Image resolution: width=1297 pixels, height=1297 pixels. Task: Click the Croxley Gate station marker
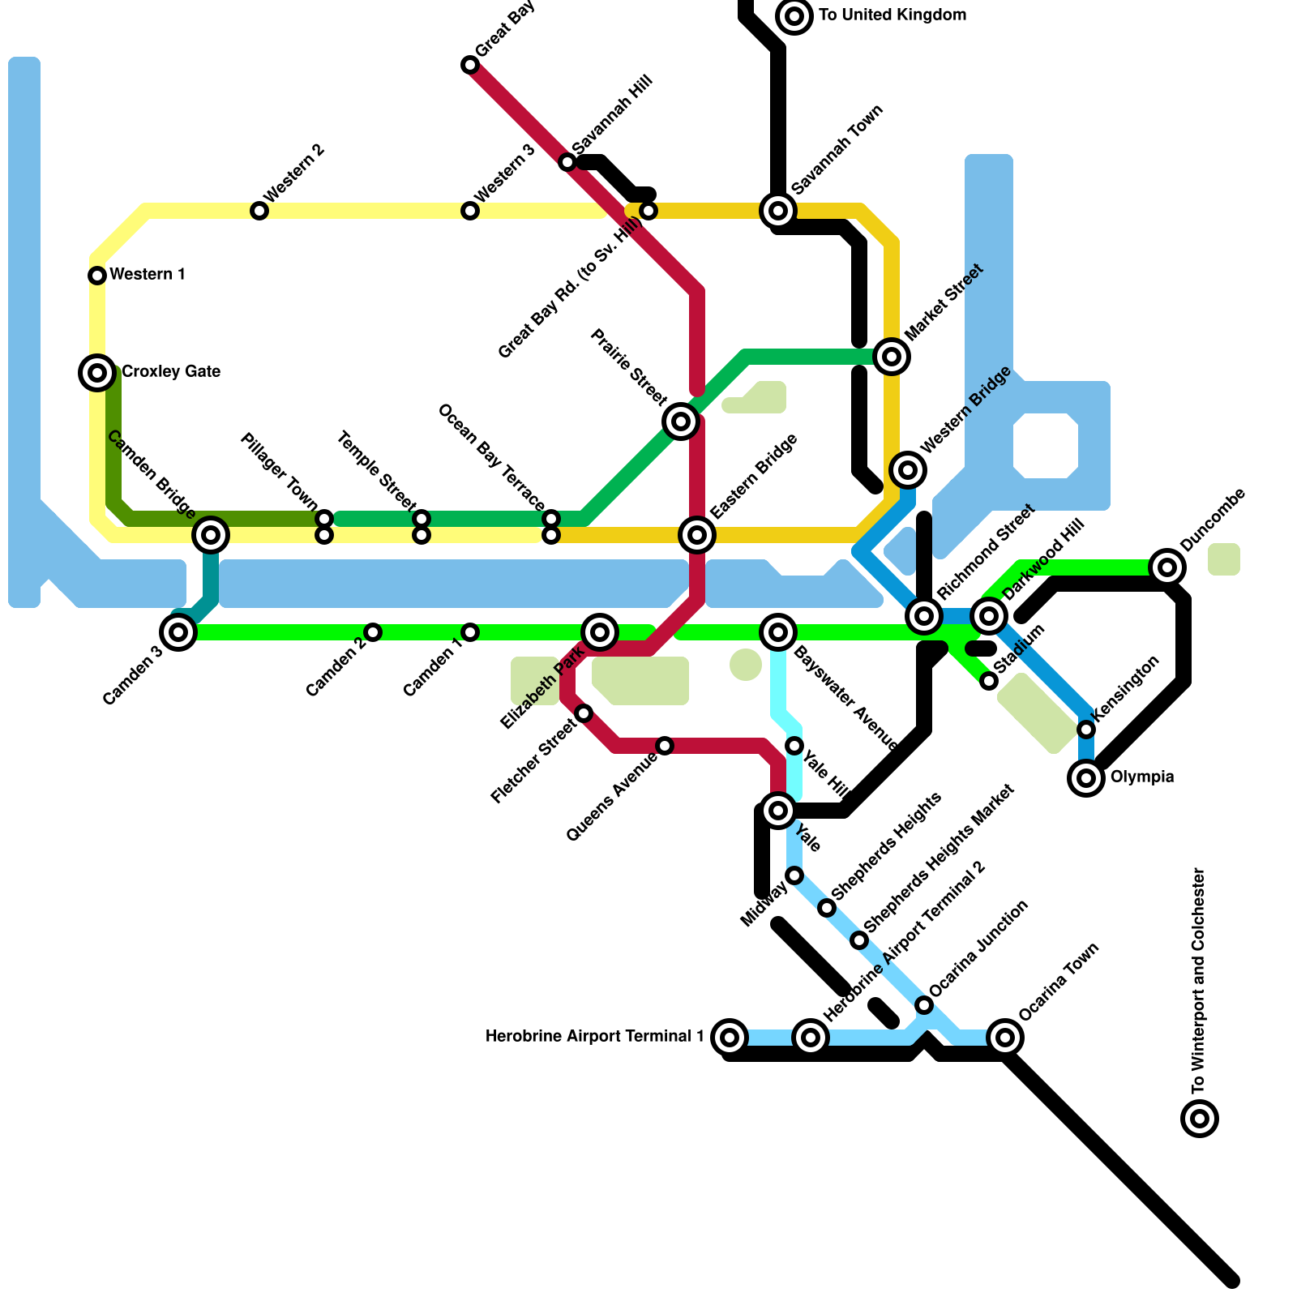(x=97, y=373)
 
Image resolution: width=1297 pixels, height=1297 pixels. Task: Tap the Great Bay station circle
(x=470, y=65)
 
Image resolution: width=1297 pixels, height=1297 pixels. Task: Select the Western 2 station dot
(x=259, y=211)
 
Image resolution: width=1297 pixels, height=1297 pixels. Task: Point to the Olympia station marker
(x=1086, y=778)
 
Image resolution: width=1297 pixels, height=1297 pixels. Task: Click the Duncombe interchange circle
(x=1167, y=567)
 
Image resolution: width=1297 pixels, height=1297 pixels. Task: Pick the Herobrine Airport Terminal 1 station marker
(x=730, y=1038)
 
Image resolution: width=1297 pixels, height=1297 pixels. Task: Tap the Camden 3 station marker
(x=178, y=632)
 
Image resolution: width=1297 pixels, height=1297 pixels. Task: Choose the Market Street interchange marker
(x=892, y=357)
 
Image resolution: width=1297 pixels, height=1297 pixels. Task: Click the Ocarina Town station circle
(x=1005, y=1038)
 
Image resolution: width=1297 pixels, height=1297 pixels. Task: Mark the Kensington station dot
(x=1086, y=730)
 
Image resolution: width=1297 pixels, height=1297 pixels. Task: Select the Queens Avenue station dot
(x=665, y=746)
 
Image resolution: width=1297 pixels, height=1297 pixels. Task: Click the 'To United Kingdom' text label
(x=892, y=15)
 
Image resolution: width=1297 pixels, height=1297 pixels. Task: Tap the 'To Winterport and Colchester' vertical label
(x=1200, y=981)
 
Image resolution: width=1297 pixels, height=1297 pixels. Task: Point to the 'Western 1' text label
(x=148, y=275)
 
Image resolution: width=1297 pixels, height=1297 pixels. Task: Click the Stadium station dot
(x=989, y=681)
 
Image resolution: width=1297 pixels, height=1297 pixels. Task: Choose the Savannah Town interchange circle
(x=778, y=211)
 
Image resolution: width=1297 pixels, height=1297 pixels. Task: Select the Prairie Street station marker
(x=681, y=422)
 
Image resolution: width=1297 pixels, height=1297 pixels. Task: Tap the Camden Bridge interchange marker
(x=211, y=535)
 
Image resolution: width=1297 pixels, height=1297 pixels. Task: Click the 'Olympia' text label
(x=1141, y=777)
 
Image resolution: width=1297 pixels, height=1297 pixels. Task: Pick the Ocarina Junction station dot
(x=924, y=1005)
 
